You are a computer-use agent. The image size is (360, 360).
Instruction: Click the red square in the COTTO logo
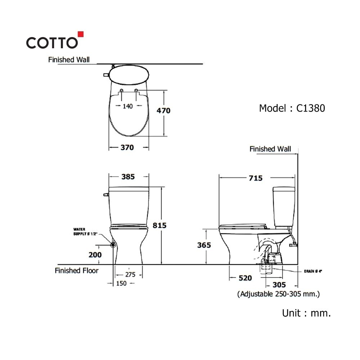tap(81, 34)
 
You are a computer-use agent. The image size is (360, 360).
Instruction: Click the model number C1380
tap(310, 108)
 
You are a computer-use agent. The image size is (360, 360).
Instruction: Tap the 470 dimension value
tap(163, 111)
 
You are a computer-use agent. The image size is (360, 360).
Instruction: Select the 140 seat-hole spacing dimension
tap(128, 106)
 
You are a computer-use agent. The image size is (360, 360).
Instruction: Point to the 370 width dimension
tap(127, 147)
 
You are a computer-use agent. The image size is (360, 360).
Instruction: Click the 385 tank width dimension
tap(128, 177)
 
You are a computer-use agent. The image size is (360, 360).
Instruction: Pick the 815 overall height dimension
tap(159, 225)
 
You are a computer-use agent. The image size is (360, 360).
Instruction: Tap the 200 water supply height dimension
tap(95, 255)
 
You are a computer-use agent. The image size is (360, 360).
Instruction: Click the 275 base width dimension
tap(130, 275)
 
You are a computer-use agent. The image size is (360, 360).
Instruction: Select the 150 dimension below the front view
tap(121, 284)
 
